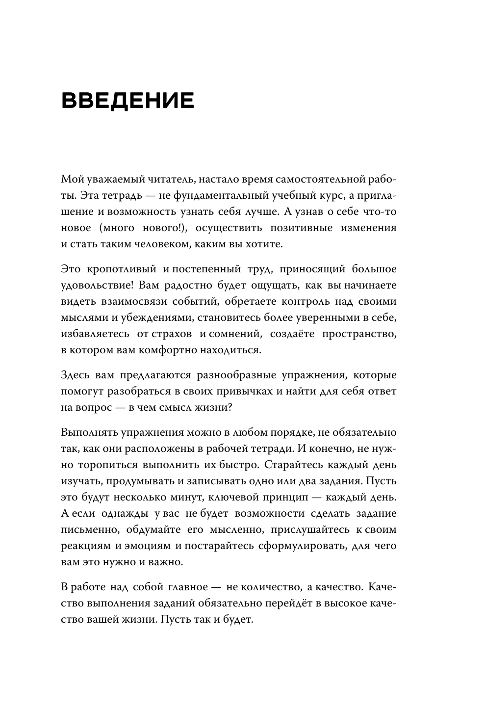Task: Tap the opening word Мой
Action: [70, 180]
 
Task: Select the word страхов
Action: [171, 334]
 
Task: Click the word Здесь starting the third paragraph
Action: [74, 375]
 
